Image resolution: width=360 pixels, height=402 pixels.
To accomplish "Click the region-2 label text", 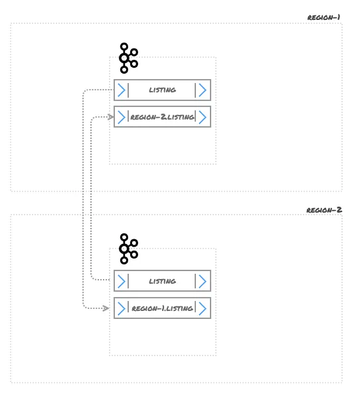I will tap(324, 209).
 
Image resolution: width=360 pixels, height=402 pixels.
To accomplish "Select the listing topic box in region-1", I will tap(162, 90).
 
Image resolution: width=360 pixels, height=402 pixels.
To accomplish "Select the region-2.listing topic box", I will tap(162, 117).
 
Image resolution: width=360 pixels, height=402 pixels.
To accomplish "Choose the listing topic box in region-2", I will tap(162, 281).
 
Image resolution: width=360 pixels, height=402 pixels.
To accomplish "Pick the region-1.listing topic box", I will tap(162, 308).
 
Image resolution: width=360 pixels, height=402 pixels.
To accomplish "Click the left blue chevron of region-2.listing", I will tap(121, 117).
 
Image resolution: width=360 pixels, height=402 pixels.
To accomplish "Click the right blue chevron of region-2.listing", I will tap(203, 117).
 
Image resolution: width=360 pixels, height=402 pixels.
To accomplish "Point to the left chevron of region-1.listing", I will tap(121, 308).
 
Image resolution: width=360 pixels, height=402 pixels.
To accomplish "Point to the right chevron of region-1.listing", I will tap(203, 308).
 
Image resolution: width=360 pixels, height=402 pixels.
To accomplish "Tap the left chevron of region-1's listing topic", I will tap(121, 90).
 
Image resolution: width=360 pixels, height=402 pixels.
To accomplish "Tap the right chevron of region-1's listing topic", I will tap(202, 90).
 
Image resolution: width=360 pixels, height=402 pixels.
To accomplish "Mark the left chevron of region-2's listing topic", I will tap(121, 281).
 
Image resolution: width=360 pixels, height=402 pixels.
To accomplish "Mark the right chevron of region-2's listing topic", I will tap(202, 281).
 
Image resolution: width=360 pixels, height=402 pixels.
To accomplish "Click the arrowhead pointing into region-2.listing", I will tap(110, 117).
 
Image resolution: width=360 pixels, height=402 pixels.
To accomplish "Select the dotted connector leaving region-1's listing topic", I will tap(83, 199).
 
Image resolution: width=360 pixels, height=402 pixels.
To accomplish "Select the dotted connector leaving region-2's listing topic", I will tap(92, 199).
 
